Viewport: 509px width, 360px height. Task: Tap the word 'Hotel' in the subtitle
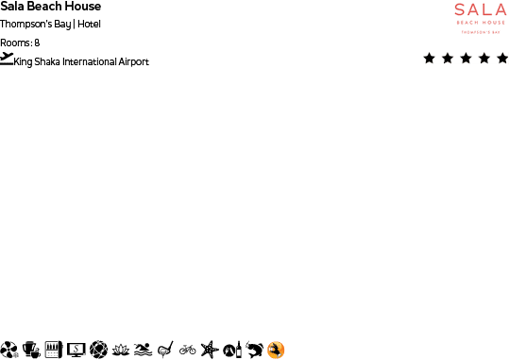click(89, 24)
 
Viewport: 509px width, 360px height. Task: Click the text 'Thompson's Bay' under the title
click(35, 24)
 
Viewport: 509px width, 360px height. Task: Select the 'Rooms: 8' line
click(20, 43)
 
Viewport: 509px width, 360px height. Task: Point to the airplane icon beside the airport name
click(8, 59)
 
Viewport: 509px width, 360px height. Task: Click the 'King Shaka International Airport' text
click(81, 62)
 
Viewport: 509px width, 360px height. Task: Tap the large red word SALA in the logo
click(480, 10)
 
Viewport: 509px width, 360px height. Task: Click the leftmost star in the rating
click(430, 59)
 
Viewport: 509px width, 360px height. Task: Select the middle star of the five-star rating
click(466, 59)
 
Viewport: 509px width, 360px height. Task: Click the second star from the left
click(448, 59)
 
